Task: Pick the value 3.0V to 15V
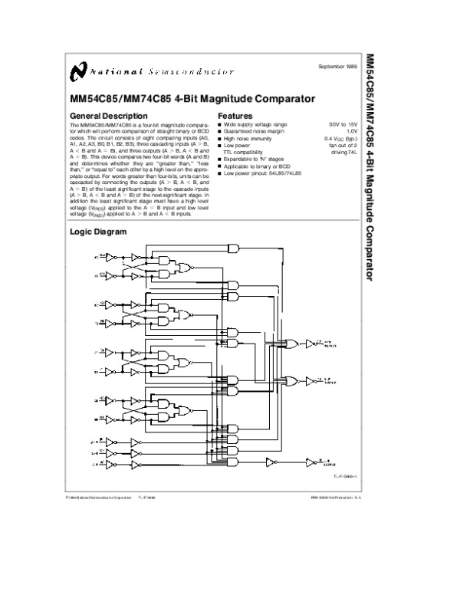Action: (343, 123)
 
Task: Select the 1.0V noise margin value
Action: (352, 130)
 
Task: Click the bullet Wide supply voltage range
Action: (255, 123)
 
